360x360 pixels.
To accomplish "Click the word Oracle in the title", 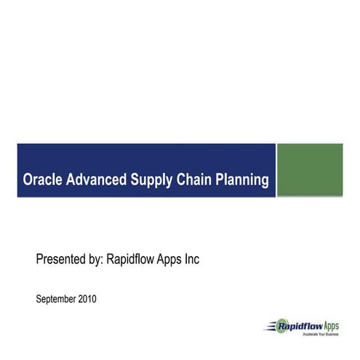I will [x=42, y=180].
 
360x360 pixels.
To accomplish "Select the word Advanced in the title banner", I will [x=97, y=180].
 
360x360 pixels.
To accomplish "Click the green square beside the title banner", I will [x=310, y=170].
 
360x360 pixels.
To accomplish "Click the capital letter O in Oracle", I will [x=28, y=180].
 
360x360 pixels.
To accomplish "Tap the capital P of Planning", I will [x=217, y=180].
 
